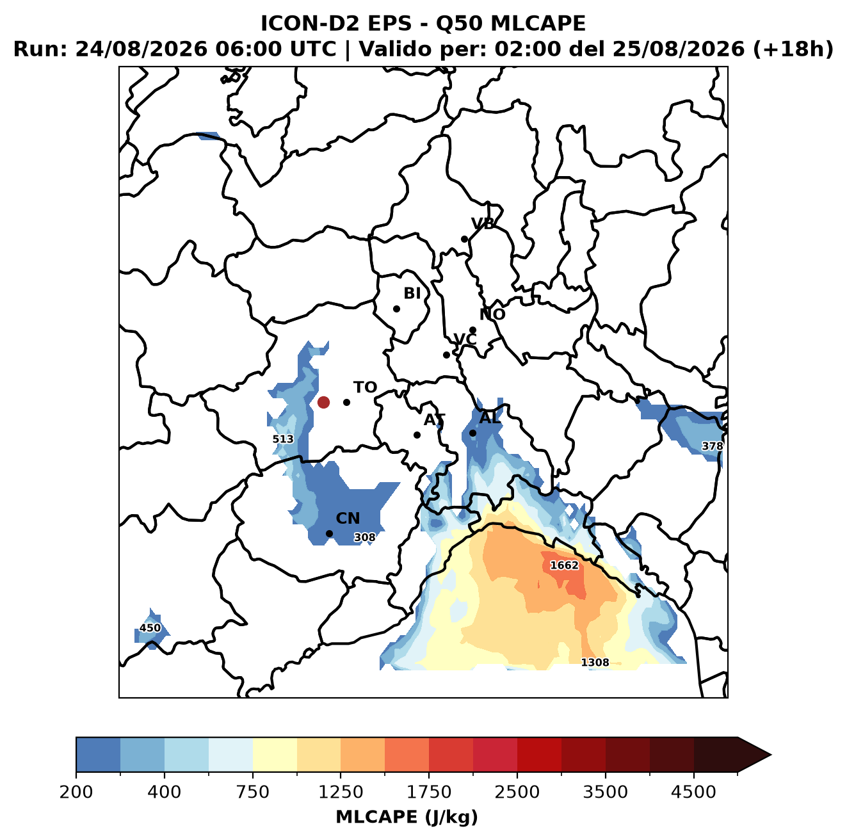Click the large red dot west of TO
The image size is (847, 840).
(323, 402)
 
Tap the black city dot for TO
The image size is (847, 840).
(346, 402)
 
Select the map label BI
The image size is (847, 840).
(412, 293)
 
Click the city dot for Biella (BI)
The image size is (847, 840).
(396, 309)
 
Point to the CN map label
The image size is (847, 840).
(348, 519)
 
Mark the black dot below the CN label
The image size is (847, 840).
(329, 533)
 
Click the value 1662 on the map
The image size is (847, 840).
(565, 565)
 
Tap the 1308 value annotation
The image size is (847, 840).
(595, 663)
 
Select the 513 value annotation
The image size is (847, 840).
(283, 439)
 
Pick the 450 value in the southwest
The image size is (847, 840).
(150, 628)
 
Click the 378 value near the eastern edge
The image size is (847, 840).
(712, 446)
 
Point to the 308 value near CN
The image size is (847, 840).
(365, 537)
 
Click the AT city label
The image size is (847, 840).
(434, 420)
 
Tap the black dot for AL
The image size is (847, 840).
(472, 433)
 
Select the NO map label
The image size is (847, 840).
(492, 314)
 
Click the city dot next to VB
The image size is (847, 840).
(464, 239)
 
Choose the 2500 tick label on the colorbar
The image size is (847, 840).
(517, 791)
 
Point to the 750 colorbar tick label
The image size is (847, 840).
(252, 791)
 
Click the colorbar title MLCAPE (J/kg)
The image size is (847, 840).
(407, 817)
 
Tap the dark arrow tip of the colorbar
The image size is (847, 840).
(771, 755)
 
